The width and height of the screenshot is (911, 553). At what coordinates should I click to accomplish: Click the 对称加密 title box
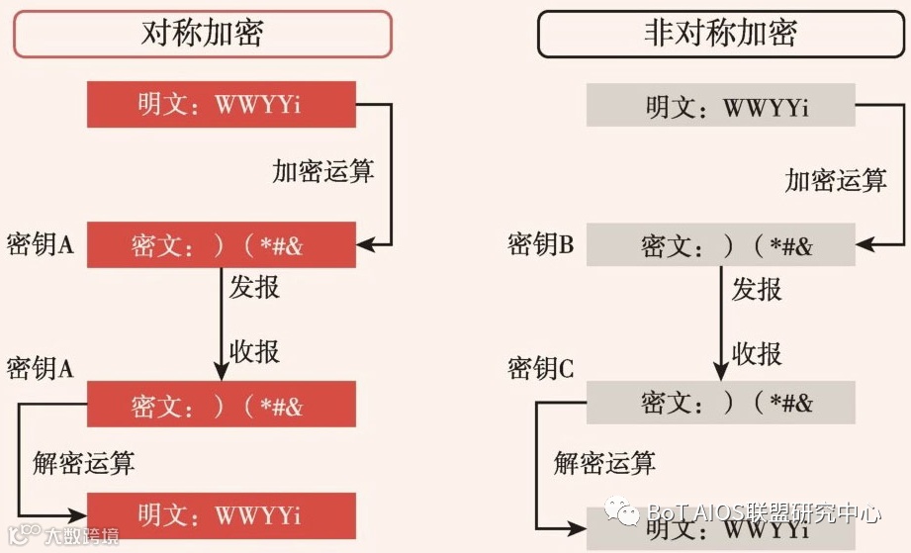[x=202, y=34]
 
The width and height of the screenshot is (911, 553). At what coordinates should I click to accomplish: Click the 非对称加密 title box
[x=719, y=34]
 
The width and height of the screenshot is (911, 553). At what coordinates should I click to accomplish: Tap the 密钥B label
[x=540, y=244]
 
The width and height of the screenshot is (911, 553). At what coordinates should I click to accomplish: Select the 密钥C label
[x=540, y=369]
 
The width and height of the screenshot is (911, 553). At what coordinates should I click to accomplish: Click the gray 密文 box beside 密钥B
[x=720, y=244]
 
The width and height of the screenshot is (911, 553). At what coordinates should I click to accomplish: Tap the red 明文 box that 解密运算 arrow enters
[x=221, y=514]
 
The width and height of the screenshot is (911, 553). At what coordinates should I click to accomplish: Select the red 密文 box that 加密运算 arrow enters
[x=221, y=245]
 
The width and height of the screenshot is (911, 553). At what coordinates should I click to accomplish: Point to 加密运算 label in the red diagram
[x=323, y=170]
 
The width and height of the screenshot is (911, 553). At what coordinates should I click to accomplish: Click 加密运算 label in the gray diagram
[x=836, y=180]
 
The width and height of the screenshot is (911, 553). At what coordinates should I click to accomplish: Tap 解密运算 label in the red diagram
[x=84, y=462]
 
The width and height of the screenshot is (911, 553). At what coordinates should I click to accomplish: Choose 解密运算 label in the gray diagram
[x=604, y=462]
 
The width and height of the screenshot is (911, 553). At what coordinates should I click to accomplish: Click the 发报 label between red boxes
[x=254, y=288]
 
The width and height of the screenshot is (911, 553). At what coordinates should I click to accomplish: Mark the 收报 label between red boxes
[x=254, y=351]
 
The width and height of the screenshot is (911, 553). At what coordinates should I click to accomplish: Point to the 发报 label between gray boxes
[x=757, y=290]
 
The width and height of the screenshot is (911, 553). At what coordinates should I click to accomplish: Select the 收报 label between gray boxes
[x=757, y=353]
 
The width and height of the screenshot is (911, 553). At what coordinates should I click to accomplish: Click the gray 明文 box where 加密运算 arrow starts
[x=720, y=105]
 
